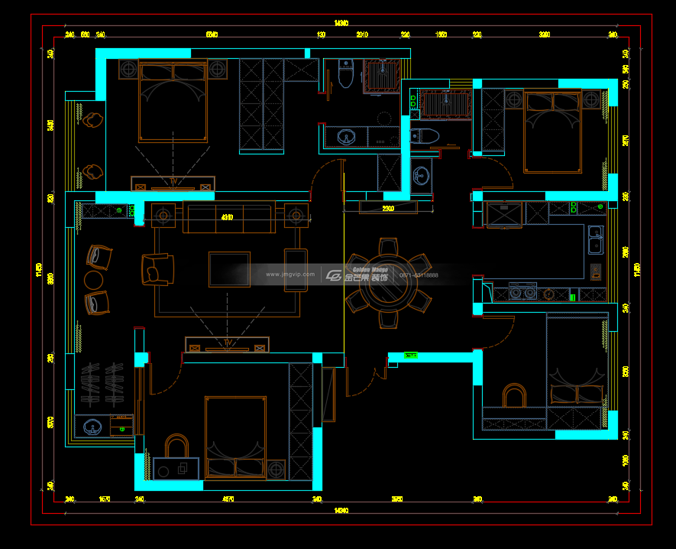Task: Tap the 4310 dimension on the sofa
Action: pyautogui.click(x=227, y=218)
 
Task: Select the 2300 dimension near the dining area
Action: pyautogui.click(x=388, y=208)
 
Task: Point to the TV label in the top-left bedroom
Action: pyautogui.click(x=173, y=181)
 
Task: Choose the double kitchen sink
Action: pyautogui.click(x=594, y=239)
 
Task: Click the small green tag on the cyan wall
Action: pyautogui.click(x=411, y=356)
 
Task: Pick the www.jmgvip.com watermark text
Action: pyautogui.click(x=290, y=274)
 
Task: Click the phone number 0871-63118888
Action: pyautogui.click(x=422, y=275)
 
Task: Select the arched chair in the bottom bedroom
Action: pyautogui.click(x=514, y=396)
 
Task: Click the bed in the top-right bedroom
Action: pyautogui.click(x=551, y=130)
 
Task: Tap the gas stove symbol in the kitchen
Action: pyautogui.click(x=595, y=271)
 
